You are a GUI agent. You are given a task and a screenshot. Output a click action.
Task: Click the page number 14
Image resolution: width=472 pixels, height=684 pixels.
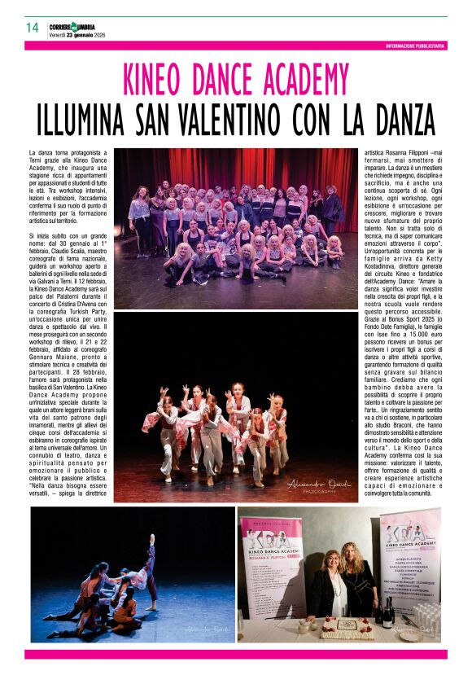coord(33,27)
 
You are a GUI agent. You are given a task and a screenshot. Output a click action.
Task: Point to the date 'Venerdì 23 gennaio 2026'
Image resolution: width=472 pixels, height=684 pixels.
coord(78,34)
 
